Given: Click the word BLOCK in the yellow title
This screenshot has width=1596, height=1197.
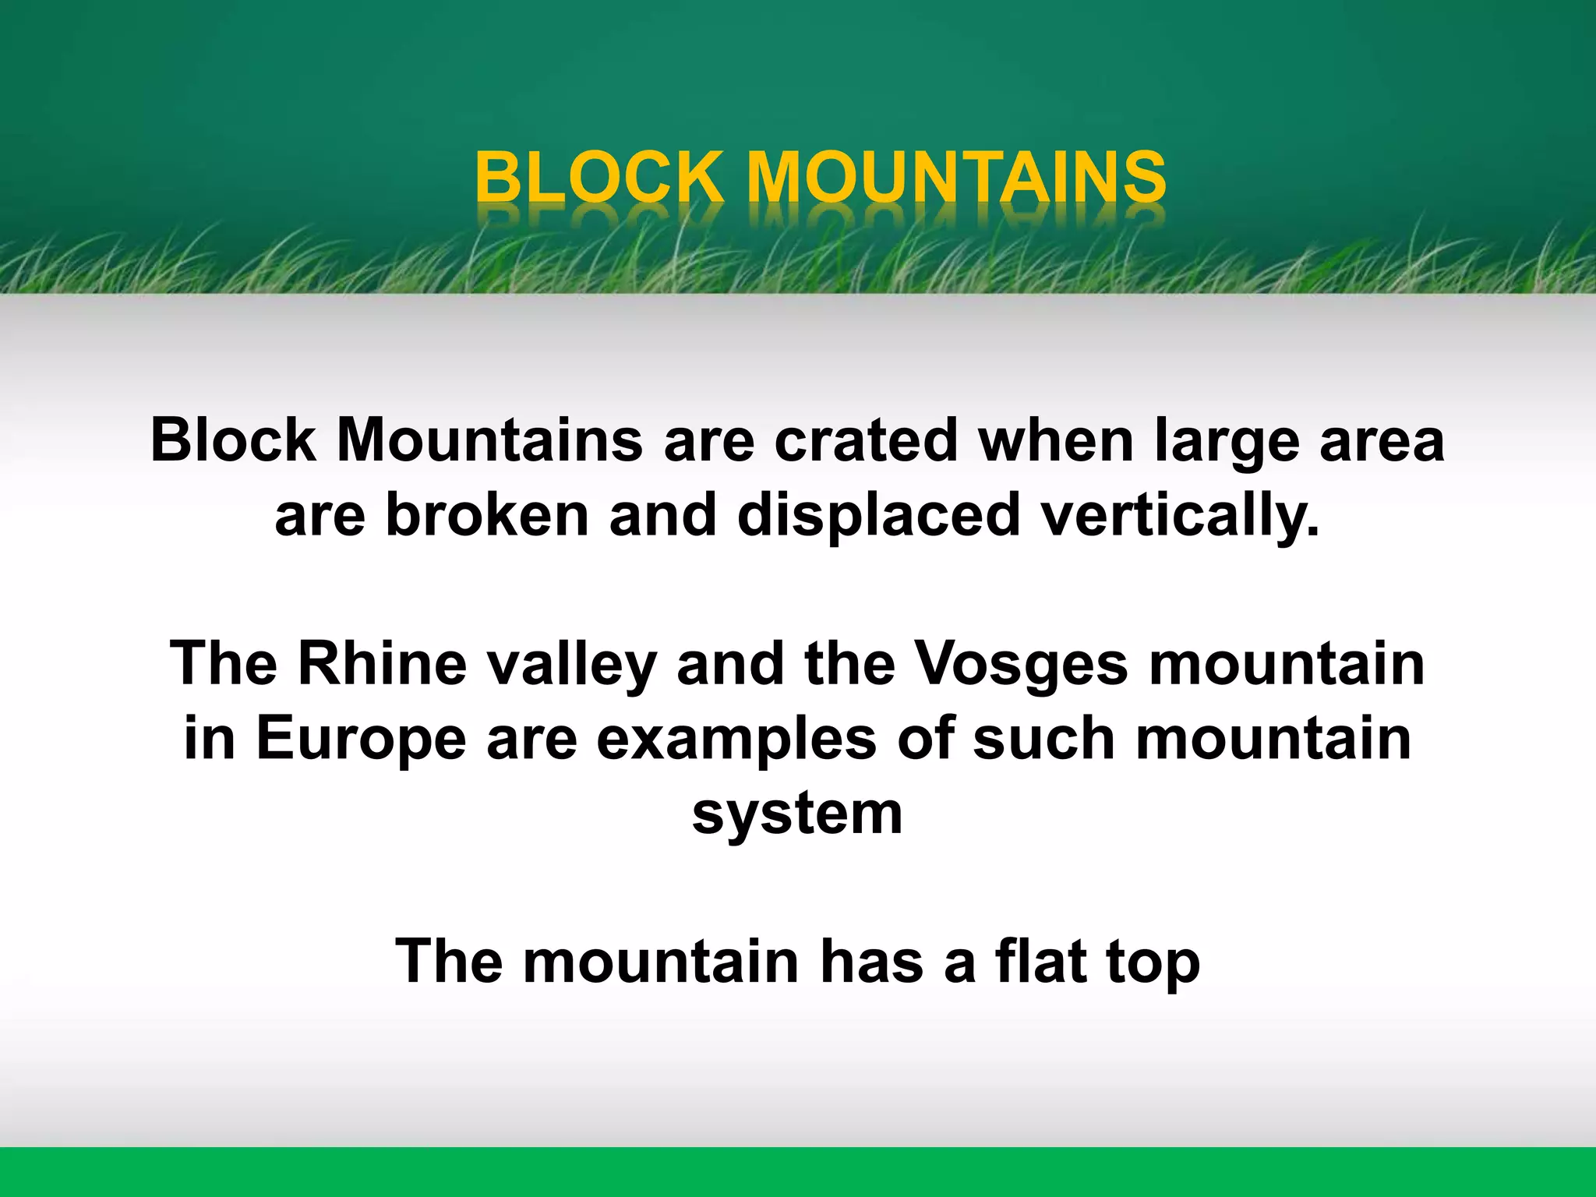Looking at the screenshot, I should (x=598, y=177).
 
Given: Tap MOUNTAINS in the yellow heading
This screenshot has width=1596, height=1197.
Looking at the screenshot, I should (x=956, y=177).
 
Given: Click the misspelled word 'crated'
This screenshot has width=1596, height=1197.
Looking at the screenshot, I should (x=865, y=441).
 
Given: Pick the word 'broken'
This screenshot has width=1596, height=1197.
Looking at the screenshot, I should (x=487, y=514).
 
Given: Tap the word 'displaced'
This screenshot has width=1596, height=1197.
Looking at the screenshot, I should (x=878, y=516).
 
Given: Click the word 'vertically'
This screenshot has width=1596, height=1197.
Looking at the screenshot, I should (x=1180, y=516).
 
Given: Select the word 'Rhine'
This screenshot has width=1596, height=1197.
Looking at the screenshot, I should (x=382, y=664).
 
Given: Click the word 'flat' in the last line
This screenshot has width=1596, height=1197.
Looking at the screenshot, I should (x=1040, y=960).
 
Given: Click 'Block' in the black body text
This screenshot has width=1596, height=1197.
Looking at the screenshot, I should (x=232, y=441).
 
